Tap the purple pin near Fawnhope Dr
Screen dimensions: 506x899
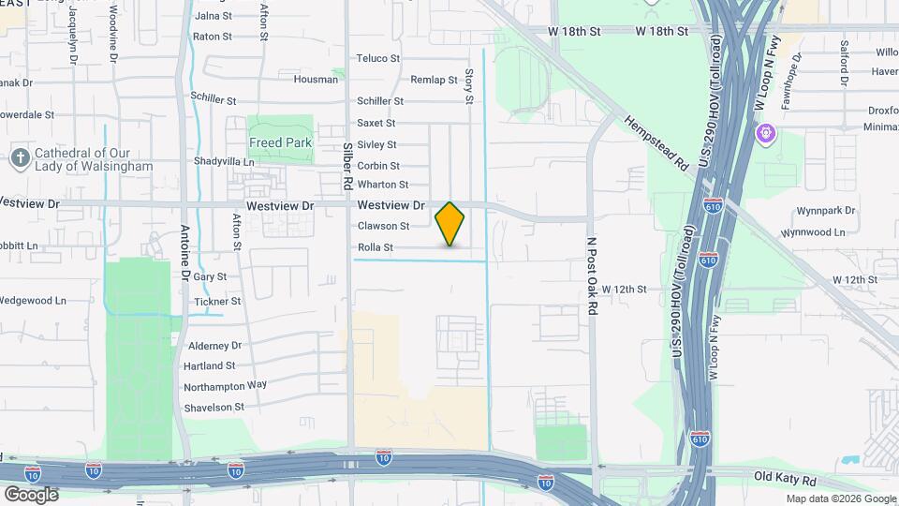click(x=766, y=134)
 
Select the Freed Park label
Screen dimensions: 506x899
click(x=278, y=142)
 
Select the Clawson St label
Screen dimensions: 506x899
click(x=383, y=226)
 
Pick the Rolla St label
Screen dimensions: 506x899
click(x=375, y=247)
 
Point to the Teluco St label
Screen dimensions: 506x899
click(x=378, y=58)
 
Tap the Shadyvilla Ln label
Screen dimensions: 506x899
click(x=224, y=161)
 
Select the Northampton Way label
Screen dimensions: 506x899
click(x=225, y=385)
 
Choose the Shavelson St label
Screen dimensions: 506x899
click(x=214, y=407)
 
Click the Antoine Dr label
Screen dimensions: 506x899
click(x=184, y=252)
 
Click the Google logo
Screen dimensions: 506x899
click(x=31, y=494)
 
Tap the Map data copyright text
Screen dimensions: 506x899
click(x=840, y=499)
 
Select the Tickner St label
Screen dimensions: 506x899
click(x=217, y=301)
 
